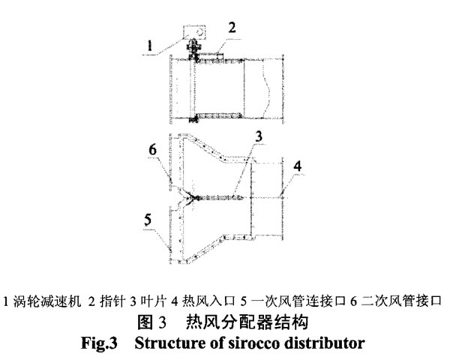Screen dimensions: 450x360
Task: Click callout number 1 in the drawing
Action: tap(149, 46)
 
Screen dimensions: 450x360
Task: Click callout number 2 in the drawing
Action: tap(232, 28)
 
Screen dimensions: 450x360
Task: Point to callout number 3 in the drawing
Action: tap(259, 136)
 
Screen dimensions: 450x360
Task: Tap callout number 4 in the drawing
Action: tap(298, 166)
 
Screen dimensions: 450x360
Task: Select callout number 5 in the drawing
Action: tap(148, 220)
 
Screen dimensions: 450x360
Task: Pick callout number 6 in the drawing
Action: tap(153, 149)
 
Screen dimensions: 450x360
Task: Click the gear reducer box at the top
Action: tap(194, 32)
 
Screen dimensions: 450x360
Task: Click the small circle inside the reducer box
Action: tap(200, 31)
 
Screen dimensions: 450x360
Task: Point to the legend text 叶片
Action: tap(154, 301)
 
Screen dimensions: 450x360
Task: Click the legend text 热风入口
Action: tap(208, 301)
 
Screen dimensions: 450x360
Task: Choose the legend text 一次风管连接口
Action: tap(298, 301)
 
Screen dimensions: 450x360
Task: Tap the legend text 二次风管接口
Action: tap(401, 301)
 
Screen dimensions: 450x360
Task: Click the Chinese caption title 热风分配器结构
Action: tap(247, 322)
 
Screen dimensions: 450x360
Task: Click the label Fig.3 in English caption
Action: tap(99, 343)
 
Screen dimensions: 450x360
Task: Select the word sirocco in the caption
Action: tap(254, 343)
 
